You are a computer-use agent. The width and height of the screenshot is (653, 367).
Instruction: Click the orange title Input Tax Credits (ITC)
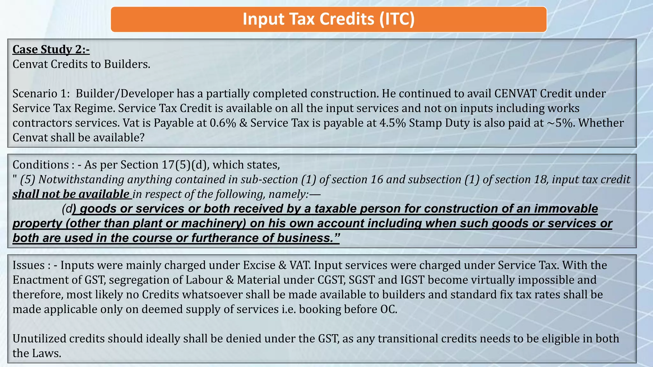(328, 19)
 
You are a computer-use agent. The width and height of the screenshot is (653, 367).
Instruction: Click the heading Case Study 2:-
(51, 50)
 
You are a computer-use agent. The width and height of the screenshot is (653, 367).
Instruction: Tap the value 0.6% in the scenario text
(223, 123)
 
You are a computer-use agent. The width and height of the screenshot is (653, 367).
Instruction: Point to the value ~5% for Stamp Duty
(559, 123)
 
